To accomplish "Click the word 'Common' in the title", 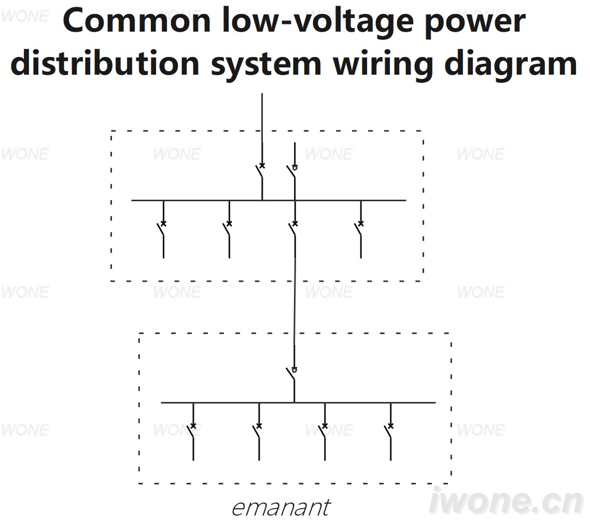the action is point(136,21).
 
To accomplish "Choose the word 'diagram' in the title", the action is point(511,65).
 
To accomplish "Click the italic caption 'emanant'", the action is point(281,508).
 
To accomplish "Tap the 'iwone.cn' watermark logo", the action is point(506,501).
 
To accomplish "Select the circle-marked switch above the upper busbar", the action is point(292,171).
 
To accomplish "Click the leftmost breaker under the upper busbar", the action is point(162,229).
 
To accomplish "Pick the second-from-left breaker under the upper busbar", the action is point(228,229).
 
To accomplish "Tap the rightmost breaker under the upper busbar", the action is point(359,229).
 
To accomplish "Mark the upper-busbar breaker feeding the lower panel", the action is point(293,229).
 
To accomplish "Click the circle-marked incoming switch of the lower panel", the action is point(292,374).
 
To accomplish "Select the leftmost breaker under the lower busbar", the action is point(191,432).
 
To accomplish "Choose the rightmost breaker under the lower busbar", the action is point(389,432).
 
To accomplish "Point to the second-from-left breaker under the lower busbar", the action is point(257,432).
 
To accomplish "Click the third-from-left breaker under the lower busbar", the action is point(323,432).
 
